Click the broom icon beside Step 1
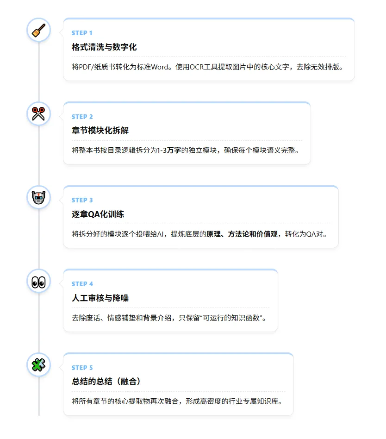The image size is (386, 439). click(38, 30)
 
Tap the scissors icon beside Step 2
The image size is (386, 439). click(38, 113)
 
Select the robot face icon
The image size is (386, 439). click(38, 197)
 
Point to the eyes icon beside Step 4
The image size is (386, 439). click(38, 281)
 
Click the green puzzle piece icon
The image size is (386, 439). click(38, 365)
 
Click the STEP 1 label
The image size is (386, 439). click(82, 33)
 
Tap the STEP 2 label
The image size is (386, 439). click(82, 117)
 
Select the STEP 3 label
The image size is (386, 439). click(82, 200)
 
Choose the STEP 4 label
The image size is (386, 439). click(82, 284)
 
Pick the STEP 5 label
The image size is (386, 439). click(82, 368)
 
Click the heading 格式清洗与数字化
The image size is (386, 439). click(104, 47)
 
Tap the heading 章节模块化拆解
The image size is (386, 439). click(100, 131)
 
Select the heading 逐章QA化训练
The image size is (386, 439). click(98, 214)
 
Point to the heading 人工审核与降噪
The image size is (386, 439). click(100, 298)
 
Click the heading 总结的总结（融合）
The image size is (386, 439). click(106, 382)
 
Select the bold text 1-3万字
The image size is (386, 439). click(169, 151)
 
